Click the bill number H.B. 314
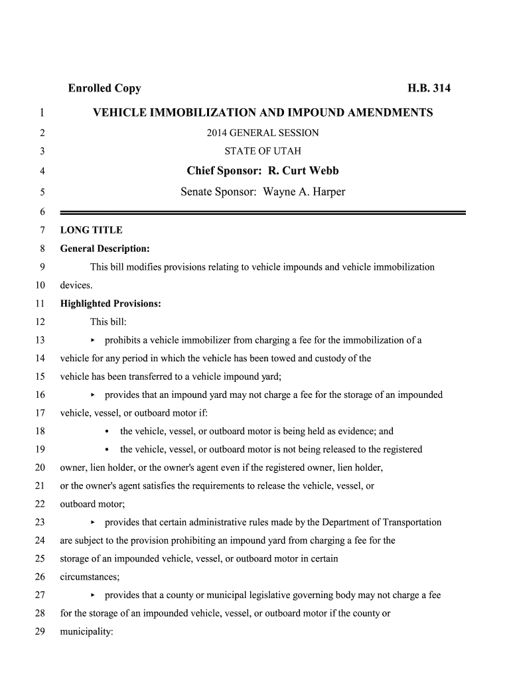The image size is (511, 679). click(429, 88)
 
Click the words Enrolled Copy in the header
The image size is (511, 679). click(104, 88)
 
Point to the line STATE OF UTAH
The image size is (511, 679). click(263, 151)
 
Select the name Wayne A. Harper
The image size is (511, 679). click(305, 192)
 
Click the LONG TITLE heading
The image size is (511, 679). click(92, 230)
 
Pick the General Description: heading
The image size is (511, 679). click(105, 249)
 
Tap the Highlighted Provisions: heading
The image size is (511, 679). click(111, 304)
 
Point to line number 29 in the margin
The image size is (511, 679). click(39, 631)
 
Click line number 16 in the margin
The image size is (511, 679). click(39, 395)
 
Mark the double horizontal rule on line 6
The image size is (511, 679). click(263, 212)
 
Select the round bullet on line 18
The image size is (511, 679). click(108, 431)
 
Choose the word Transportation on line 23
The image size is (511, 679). click(411, 522)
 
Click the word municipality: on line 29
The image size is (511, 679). click(87, 631)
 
